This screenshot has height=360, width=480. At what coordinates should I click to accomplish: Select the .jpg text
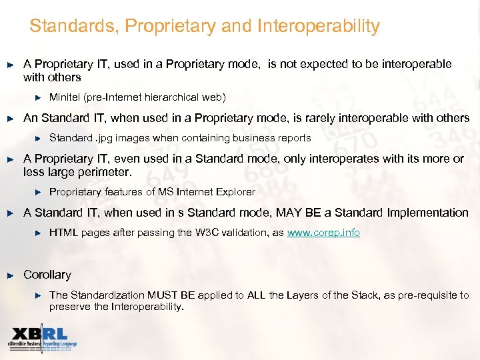106,138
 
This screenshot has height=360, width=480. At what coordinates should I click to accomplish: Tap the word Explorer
233,192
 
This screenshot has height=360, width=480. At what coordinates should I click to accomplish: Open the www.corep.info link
323,233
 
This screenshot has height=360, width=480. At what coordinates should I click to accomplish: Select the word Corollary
47,275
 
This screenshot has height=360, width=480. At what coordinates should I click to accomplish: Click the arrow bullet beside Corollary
10,275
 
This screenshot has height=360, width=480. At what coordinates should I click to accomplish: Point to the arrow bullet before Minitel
38,97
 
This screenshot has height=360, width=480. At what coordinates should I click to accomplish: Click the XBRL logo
41,338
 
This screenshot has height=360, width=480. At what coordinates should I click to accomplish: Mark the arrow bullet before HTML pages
38,233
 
